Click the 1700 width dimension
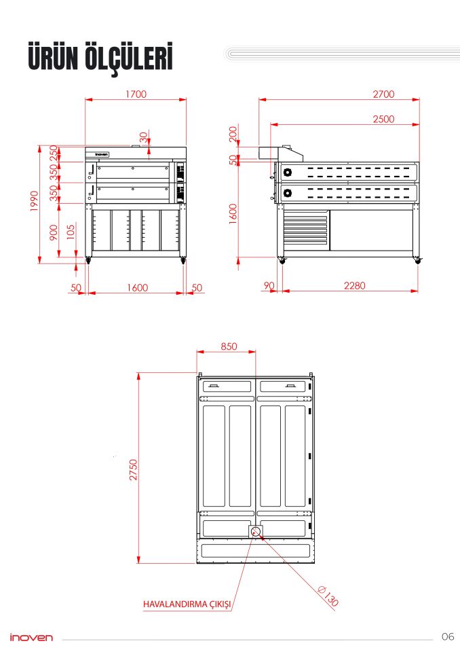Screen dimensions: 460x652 tap(136, 94)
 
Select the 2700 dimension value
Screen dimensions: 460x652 tap(383, 94)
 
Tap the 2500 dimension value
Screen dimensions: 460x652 tap(383, 119)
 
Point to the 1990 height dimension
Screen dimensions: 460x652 tap(35, 201)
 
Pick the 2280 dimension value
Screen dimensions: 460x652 tap(354, 286)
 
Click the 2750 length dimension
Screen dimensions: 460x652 tap(134, 470)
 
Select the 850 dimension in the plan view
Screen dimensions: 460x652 tap(229, 346)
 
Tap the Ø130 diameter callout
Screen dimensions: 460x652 tap(328, 596)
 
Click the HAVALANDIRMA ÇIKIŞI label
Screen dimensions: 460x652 tap(187, 604)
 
